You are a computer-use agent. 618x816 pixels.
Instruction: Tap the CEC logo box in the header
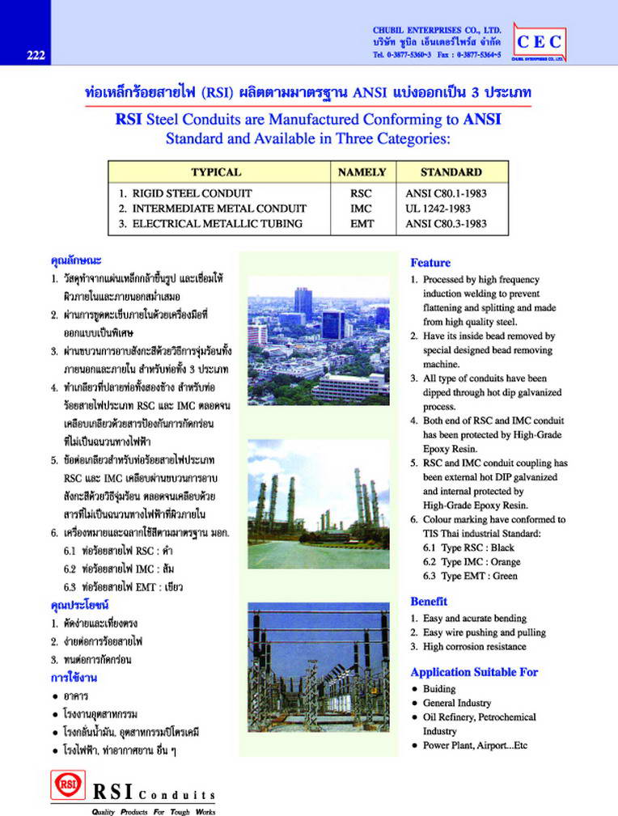(539, 42)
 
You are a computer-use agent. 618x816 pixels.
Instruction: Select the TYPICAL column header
(215, 172)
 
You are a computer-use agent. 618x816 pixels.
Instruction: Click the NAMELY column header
(362, 172)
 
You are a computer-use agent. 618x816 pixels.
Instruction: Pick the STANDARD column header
(451, 172)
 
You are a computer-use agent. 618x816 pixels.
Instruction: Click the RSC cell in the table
(361, 194)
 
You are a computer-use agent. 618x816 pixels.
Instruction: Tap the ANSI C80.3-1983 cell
(446, 224)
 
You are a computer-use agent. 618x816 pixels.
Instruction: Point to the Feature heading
(430, 263)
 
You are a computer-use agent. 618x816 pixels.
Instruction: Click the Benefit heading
(429, 602)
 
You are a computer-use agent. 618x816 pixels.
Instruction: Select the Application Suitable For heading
(474, 672)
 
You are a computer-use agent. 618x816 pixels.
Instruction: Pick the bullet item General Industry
(456, 704)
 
